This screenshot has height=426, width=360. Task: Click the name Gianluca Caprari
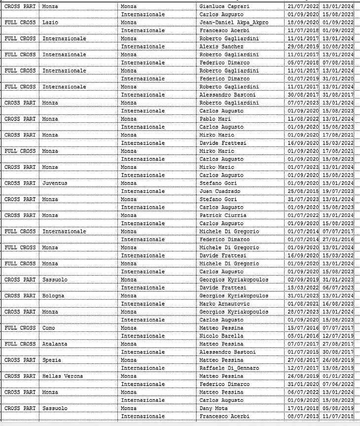(224, 6)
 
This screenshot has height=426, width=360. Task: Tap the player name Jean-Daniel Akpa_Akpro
(234, 22)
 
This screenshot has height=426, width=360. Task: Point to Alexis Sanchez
(221, 46)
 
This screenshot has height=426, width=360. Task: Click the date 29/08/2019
(302, 46)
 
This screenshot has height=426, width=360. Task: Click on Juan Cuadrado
(220, 191)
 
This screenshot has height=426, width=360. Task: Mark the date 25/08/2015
(302, 191)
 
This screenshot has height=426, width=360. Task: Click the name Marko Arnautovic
(224, 304)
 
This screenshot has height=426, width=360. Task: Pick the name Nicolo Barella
(221, 336)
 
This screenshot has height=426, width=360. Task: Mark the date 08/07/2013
(302, 416)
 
